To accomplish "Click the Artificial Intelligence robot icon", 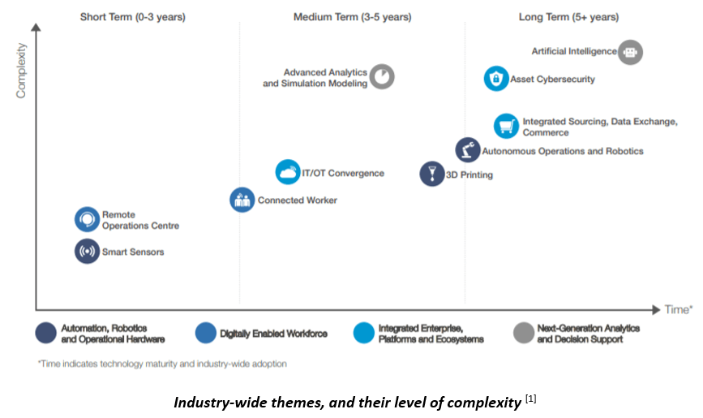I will (630, 52).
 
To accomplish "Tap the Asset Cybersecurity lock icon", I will (496, 79).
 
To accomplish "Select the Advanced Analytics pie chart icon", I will (383, 77).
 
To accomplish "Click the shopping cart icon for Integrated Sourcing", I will (506, 126).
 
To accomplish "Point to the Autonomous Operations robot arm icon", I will (467, 150).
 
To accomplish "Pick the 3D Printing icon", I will (432, 174).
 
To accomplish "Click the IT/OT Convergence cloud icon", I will (288, 172).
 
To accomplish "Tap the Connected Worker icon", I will (242, 200).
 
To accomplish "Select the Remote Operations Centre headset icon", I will (87, 220).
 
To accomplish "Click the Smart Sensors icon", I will (87, 252).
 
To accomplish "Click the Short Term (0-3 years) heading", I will (133, 17).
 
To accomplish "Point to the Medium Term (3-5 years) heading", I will (352, 17).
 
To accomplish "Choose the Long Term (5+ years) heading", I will (568, 17).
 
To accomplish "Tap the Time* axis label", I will (679, 309).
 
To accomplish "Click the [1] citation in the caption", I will (530, 398).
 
